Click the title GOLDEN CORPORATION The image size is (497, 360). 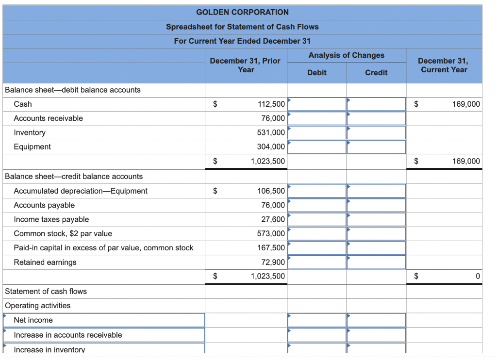click(x=242, y=12)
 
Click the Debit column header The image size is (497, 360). click(x=316, y=73)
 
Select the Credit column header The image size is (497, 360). click(x=376, y=73)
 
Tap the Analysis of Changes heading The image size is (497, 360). click(x=346, y=55)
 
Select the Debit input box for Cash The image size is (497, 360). click(x=317, y=104)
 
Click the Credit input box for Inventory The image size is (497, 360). click(x=376, y=132)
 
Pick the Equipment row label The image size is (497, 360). click(x=32, y=147)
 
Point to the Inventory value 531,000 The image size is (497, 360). click(x=271, y=132)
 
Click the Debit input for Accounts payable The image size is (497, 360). click(x=317, y=205)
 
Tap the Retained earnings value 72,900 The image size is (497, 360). click(x=273, y=262)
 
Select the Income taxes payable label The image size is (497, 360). click(x=51, y=219)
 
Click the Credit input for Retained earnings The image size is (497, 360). click(x=376, y=262)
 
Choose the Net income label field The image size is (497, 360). click(x=104, y=320)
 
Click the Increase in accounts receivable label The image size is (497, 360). click(x=104, y=335)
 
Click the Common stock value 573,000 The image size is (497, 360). click(x=271, y=234)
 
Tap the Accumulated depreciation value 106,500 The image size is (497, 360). click(x=271, y=191)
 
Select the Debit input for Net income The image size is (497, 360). click(x=317, y=320)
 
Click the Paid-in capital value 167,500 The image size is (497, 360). click(x=271, y=248)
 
